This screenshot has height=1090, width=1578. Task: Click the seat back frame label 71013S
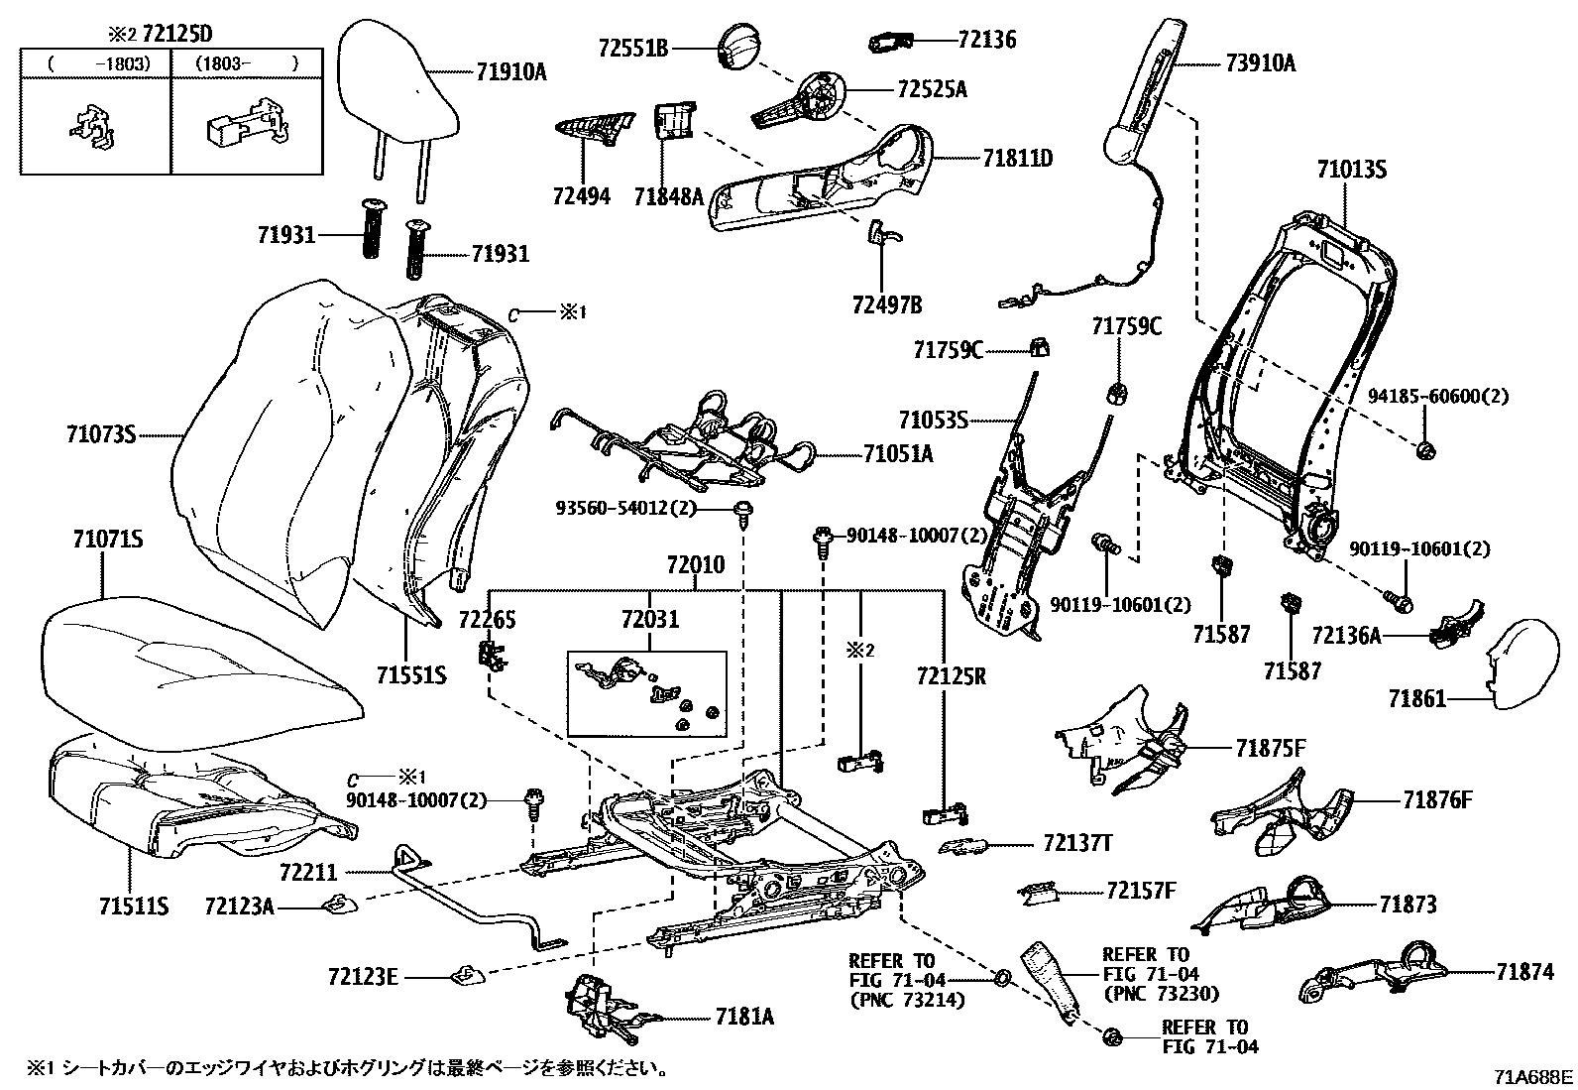point(1351,170)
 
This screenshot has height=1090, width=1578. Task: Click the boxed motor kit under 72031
point(646,693)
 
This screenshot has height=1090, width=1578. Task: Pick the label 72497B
point(884,303)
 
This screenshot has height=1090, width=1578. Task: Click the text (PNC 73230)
point(1161,993)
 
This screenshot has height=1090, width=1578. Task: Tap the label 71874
point(1524,972)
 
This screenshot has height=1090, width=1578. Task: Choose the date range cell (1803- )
point(246,62)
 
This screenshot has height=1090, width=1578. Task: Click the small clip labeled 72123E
point(465,976)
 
